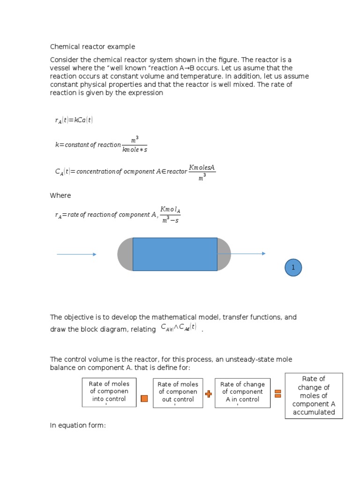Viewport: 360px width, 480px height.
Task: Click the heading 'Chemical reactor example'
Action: tap(92, 47)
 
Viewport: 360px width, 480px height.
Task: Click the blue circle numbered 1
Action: tap(293, 268)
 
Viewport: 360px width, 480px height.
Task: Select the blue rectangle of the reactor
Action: tap(175, 254)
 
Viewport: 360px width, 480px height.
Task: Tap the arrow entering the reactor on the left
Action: tap(76, 255)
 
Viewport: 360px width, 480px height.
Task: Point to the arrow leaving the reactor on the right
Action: tap(241, 254)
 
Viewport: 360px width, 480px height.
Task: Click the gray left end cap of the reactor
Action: tap(125, 254)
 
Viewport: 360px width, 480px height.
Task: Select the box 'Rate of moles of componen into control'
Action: tap(109, 392)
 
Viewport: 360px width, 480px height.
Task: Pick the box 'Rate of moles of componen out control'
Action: tap(178, 392)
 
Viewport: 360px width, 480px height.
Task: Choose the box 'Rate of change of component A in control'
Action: tap(242, 392)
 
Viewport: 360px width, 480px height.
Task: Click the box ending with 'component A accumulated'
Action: tap(314, 396)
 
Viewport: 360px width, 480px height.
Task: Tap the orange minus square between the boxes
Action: tap(144, 398)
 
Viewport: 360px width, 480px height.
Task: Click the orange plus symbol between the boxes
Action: tap(209, 394)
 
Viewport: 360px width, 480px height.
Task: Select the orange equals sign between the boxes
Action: tap(277, 394)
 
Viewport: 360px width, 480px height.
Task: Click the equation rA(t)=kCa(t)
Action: tap(74, 120)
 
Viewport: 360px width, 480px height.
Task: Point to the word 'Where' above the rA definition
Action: tap(60, 195)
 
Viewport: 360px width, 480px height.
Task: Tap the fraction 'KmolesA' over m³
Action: tap(202, 172)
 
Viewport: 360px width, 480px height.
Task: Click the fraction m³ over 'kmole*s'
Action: tap(135, 144)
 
